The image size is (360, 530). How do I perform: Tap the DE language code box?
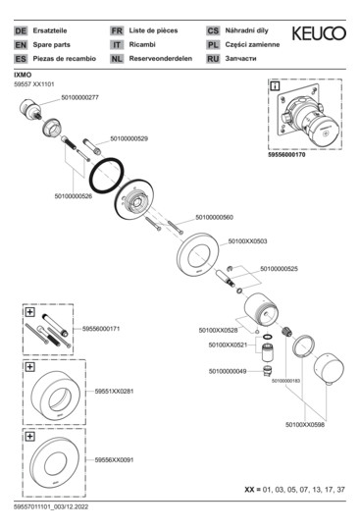coord(21,32)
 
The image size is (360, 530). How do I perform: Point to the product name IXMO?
coord(22,74)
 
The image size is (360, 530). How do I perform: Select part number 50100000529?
coord(129,138)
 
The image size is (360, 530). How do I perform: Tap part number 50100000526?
coord(73,196)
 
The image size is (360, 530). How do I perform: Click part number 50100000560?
coord(216,216)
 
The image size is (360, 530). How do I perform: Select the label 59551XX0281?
coord(115,391)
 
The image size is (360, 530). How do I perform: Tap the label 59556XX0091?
coord(115,458)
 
